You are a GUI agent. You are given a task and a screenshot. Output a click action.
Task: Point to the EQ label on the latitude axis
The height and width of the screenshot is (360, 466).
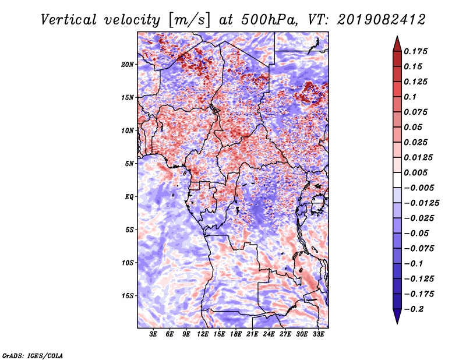tap(129, 197)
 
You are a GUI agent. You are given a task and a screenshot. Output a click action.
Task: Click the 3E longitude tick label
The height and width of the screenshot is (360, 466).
tap(154, 335)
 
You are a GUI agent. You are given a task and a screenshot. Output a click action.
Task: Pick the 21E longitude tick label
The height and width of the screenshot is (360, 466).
tap(253, 335)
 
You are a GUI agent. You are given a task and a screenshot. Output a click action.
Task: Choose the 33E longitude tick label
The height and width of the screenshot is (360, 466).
tap(319, 335)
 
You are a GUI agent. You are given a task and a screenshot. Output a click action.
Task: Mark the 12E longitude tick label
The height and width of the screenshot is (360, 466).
tap(203, 335)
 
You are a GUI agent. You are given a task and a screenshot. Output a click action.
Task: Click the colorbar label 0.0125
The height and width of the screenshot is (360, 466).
tap(419, 158)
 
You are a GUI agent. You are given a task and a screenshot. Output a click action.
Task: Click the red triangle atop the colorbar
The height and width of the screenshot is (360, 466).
tap(397, 43)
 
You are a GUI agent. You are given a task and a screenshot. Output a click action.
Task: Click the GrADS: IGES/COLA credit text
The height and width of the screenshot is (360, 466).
tap(33, 355)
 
